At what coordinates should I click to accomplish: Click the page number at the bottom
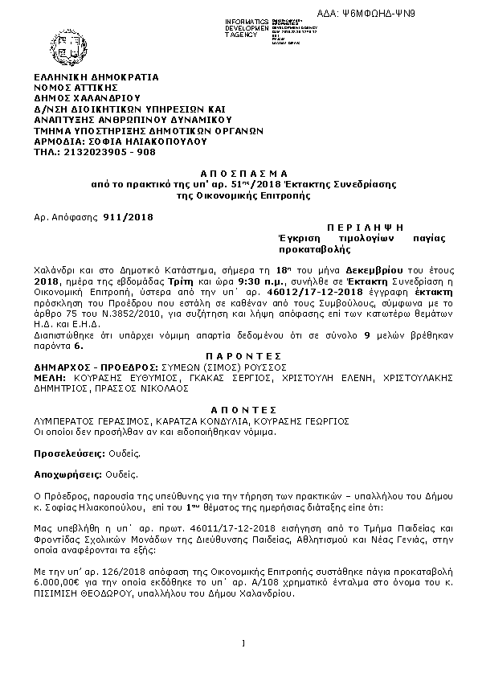242,642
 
